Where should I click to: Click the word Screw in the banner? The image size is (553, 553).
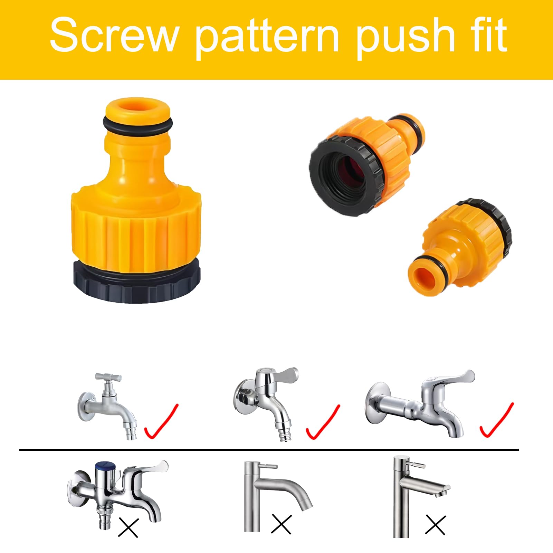click(x=114, y=35)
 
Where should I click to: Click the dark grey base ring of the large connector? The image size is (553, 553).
click(x=137, y=282)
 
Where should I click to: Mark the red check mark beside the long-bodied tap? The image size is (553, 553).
click(x=496, y=420)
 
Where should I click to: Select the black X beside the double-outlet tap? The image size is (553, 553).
click(x=128, y=528)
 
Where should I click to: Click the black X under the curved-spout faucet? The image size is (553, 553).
click(x=282, y=524)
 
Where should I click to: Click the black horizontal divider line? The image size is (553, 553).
click(x=269, y=450)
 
